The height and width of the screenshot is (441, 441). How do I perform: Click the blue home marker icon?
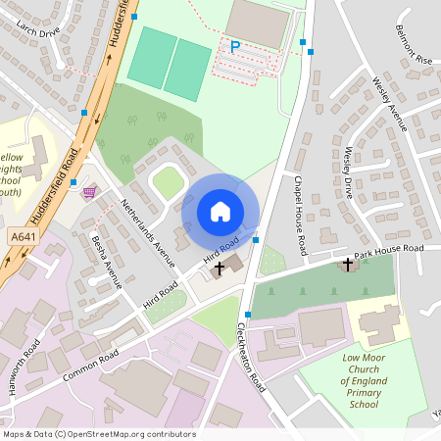click(220, 212)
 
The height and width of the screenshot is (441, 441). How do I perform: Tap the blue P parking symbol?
click(234, 46)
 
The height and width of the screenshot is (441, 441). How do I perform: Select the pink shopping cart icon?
click(90, 191)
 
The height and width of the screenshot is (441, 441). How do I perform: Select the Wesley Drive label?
click(348, 172)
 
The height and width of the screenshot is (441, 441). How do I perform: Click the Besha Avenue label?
click(105, 262)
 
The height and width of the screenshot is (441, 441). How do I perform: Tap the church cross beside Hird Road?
click(219, 267)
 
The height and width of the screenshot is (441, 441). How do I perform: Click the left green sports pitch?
click(152, 58)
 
